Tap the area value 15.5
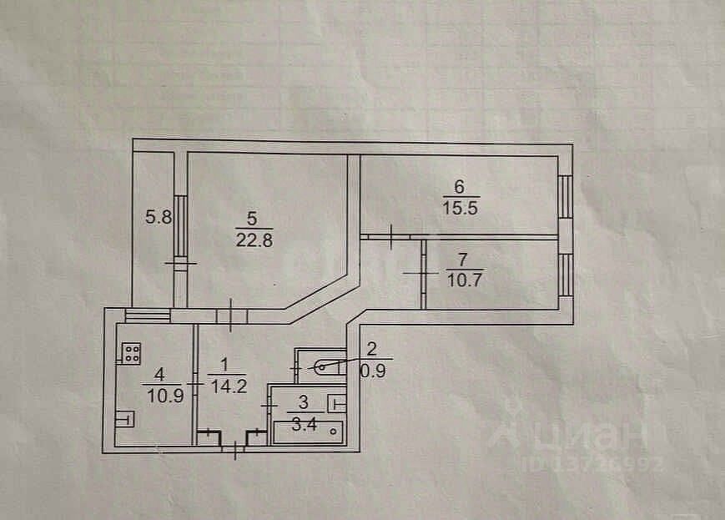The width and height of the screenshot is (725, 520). [x=460, y=210]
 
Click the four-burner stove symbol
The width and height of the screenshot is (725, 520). [x=130, y=354]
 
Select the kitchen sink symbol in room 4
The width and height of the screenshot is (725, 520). [x=124, y=417]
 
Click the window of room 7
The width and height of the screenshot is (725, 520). [x=566, y=274]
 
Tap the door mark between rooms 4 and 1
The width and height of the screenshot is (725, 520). [x=194, y=383]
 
